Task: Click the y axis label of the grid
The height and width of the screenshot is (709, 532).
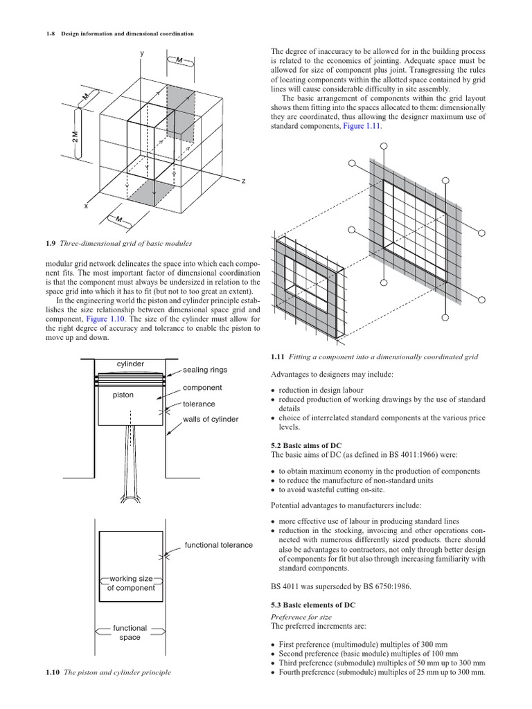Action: pyautogui.click(x=142, y=53)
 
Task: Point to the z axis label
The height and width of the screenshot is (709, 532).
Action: pyautogui.click(x=243, y=181)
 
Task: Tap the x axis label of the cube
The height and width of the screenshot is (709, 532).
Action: pyautogui.click(x=86, y=206)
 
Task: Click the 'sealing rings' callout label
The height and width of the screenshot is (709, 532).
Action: pyautogui.click(x=204, y=370)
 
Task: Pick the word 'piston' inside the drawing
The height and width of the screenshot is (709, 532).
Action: pyautogui.click(x=123, y=395)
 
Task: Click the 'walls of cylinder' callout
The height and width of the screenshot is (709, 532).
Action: pyautogui.click(x=211, y=420)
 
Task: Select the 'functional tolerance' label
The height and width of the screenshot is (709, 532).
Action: pyautogui.click(x=218, y=545)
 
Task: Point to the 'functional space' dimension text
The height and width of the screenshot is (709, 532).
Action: pyautogui.click(x=130, y=632)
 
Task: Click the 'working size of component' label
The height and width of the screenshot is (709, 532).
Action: pyautogui.click(x=130, y=583)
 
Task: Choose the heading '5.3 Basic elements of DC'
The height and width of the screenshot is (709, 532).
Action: pyautogui.click(x=312, y=604)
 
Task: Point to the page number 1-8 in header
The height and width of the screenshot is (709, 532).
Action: pyautogui.click(x=33, y=33)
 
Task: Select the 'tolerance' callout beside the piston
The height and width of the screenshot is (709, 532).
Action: pyautogui.click(x=199, y=404)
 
